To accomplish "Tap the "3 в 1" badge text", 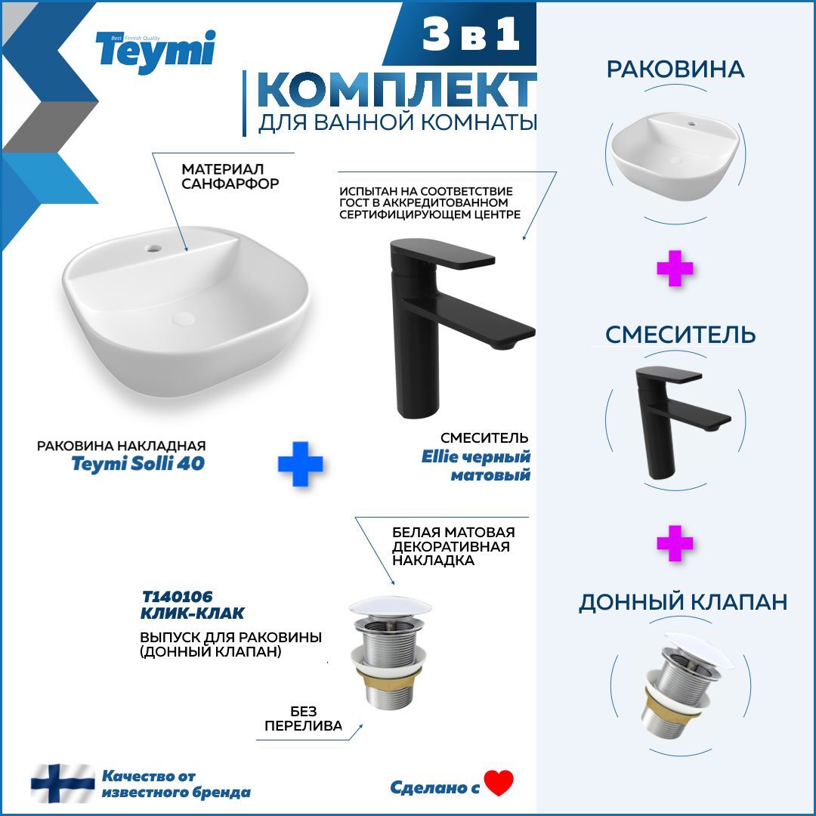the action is click(471, 33).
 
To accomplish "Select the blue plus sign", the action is click(300, 464).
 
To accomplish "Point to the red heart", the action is click(499, 783).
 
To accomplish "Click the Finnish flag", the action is click(63, 784).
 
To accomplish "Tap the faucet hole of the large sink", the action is click(153, 249).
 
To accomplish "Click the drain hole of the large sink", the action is click(183, 319).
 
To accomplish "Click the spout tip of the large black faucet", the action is click(504, 344).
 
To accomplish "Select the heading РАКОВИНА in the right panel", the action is click(675, 70).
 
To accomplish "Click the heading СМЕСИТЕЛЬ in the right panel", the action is click(680, 334).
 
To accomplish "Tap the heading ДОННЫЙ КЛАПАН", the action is click(683, 601).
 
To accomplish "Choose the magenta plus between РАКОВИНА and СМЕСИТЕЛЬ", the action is click(675, 268).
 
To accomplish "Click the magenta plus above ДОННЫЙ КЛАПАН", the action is click(675, 543).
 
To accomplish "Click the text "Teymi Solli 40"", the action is click(138, 463).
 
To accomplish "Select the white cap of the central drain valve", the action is click(391, 607).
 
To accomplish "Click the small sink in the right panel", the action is click(675, 155).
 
